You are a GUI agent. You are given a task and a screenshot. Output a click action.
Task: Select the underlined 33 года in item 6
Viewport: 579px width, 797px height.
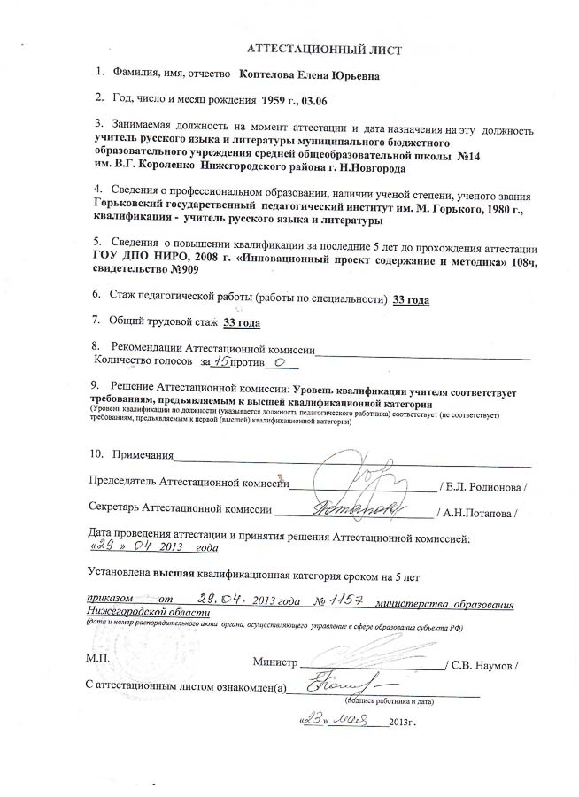(x=411, y=300)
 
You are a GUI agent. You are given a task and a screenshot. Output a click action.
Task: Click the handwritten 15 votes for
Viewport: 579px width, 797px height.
(x=225, y=361)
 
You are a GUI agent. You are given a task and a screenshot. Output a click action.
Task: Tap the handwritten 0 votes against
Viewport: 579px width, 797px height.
(x=279, y=361)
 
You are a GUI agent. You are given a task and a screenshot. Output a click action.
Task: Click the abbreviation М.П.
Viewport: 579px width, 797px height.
(x=98, y=661)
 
